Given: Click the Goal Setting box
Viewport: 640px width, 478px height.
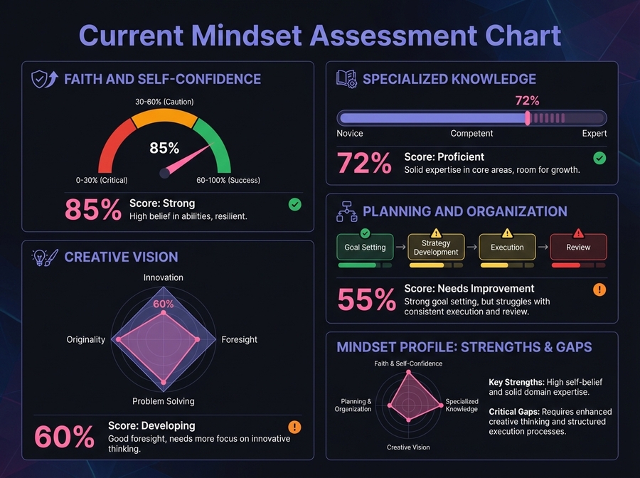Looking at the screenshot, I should pyautogui.click(x=365, y=248).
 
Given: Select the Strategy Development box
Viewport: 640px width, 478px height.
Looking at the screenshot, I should pyautogui.click(x=436, y=248).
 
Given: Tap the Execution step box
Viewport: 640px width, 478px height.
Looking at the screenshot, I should pyautogui.click(x=507, y=248).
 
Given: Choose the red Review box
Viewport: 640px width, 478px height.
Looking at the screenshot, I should pyautogui.click(x=578, y=248).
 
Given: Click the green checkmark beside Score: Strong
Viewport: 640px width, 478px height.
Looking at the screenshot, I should pyautogui.click(x=295, y=205).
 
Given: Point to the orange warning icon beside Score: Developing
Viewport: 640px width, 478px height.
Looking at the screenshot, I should pyautogui.click(x=294, y=427).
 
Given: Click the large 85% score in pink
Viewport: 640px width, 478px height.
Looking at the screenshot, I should pyautogui.click(x=93, y=210).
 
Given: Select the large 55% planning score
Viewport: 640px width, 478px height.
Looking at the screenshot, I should pyautogui.click(x=366, y=300).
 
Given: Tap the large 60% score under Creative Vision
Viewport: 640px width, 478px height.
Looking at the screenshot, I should pyautogui.click(x=64, y=436).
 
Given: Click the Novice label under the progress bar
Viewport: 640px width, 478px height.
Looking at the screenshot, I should pyautogui.click(x=350, y=133).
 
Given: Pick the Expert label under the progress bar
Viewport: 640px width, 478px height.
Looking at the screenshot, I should pyautogui.click(x=594, y=133).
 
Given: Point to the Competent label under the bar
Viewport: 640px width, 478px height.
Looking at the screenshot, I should pyautogui.click(x=471, y=133).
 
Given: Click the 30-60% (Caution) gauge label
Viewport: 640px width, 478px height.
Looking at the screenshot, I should pyautogui.click(x=164, y=102).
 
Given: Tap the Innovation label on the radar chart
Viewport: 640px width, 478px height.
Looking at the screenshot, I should pyautogui.click(x=164, y=277).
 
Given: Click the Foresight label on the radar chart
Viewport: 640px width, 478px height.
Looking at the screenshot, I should pyautogui.click(x=240, y=339).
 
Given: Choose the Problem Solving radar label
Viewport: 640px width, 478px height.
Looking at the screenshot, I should pyautogui.click(x=164, y=402).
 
